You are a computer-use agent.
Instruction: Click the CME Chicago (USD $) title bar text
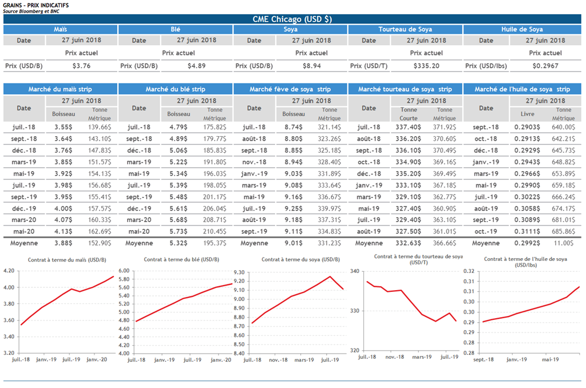pos(292,19)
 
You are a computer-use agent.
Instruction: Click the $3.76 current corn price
pos(82,66)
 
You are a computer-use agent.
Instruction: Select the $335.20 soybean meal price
pos(426,66)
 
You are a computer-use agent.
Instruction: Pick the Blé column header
pos(176,29)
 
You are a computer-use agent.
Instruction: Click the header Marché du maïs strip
pos(60,89)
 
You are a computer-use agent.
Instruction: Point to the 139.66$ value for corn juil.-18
pos(98,128)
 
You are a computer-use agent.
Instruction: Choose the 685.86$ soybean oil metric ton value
pos(564,231)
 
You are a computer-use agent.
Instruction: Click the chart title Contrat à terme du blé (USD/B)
pos(178,260)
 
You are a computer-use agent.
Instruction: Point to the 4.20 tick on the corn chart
pos(10,271)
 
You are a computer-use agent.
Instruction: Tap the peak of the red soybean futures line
pos(330,276)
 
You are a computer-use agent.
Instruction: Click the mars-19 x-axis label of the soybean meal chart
pos(422,357)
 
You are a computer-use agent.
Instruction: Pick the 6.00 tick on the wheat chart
pos(124,271)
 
